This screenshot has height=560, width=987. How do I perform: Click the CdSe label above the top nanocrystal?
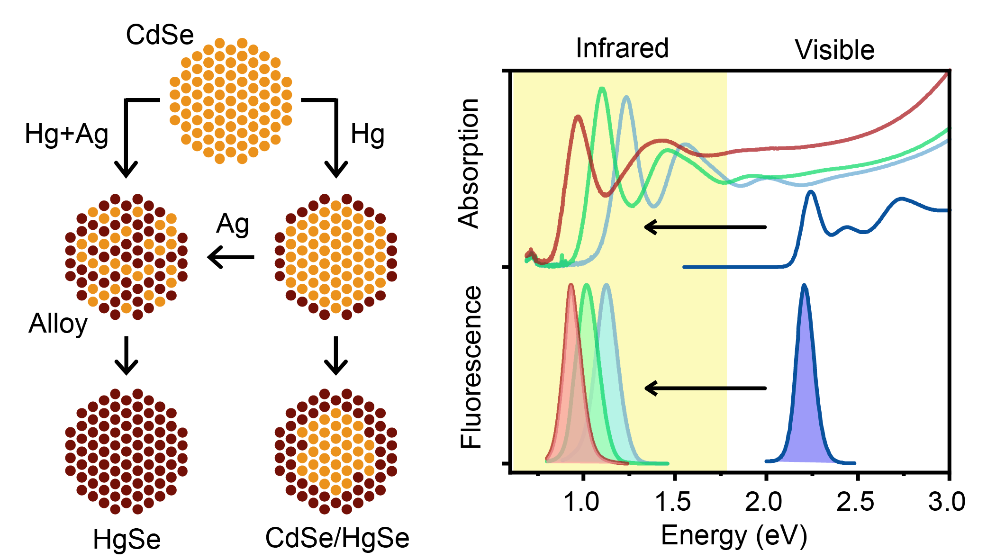click(x=160, y=35)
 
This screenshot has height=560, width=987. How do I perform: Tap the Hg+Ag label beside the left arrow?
click(x=66, y=134)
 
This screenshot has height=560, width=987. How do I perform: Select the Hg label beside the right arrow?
click(x=367, y=134)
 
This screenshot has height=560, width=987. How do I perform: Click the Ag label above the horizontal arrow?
click(x=232, y=224)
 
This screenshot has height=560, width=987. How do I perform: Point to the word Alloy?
click(x=58, y=324)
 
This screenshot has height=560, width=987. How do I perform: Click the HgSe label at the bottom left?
click(x=127, y=539)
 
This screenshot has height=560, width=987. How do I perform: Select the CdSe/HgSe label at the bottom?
click(x=337, y=538)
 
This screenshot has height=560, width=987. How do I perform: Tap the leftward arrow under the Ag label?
click(x=231, y=257)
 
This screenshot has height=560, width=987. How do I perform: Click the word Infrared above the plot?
click(x=622, y=48)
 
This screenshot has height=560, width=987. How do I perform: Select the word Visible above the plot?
click(x=834, y=50)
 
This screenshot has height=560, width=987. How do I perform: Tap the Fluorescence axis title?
click(x=471, y=367)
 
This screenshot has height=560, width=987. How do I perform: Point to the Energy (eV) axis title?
click(x=733, y=536)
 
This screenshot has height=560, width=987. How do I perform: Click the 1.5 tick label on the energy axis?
click(x=673, y=501)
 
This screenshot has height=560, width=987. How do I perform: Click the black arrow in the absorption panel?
click(x=705, y=227)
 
